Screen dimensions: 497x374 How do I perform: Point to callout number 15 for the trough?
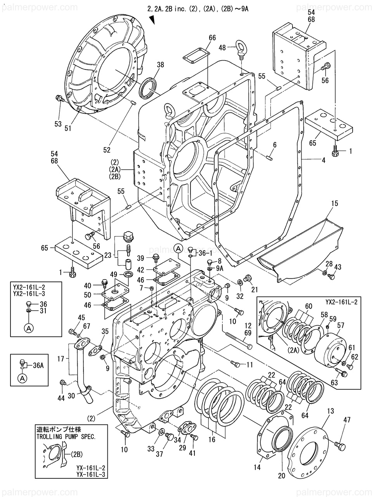point(334,203)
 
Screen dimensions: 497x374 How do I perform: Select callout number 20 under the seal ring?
point(282,475)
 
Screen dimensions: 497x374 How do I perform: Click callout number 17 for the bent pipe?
point(61,360)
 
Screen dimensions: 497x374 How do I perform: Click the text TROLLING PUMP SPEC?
point(66,436)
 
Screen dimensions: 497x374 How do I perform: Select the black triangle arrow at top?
point(152,20)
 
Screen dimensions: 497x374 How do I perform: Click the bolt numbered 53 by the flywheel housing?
point(60,98)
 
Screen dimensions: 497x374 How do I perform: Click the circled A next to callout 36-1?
point(178,248)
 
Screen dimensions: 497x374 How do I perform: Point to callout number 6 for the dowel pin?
point(275,144)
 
